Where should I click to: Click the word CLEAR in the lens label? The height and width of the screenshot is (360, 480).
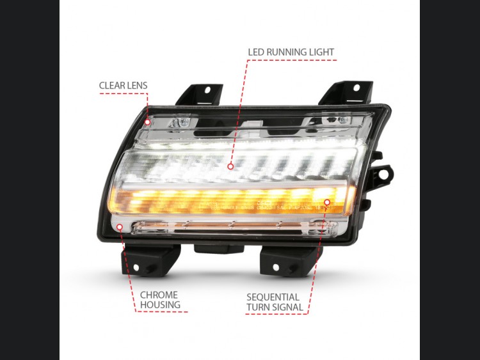113,85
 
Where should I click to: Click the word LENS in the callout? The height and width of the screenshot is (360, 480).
138,85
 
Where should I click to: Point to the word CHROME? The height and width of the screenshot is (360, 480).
159,295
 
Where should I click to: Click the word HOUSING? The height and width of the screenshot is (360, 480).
160,305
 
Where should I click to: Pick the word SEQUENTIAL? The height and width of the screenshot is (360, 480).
273,297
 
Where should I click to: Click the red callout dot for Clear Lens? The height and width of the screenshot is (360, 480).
148,122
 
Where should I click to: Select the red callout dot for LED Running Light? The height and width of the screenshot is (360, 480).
230,166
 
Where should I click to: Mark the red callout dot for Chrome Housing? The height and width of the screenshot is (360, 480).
120,226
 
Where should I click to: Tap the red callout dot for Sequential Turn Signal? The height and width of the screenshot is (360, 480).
327,202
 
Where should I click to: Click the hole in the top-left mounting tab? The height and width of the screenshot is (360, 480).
207,90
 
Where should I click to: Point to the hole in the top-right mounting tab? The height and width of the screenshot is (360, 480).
356,88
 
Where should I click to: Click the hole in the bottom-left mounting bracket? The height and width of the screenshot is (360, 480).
136,268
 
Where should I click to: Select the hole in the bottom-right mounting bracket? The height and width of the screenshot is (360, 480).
276,267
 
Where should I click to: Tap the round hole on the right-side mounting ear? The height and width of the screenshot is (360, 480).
383,175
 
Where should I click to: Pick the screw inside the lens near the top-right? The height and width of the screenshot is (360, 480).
342,120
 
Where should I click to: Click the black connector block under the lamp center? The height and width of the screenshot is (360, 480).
219,248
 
